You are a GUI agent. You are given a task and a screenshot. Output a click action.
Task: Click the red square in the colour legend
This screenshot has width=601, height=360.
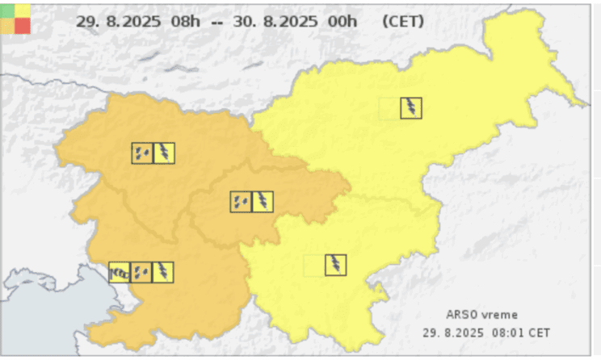23,25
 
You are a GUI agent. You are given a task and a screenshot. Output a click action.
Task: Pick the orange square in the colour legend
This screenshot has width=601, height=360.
7,25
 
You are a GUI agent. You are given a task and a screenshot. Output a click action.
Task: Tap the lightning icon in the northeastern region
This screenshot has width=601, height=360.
412,107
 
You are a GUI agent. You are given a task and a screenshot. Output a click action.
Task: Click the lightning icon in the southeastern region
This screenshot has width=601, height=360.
336,265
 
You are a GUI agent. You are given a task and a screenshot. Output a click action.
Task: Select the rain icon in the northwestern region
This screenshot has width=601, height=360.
142,153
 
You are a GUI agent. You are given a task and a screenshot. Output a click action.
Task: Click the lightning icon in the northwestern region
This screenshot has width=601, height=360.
164,153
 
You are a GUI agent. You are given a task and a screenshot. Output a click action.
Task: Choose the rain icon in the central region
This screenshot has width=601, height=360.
241,202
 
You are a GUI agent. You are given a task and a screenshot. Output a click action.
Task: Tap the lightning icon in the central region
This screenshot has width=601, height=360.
263,202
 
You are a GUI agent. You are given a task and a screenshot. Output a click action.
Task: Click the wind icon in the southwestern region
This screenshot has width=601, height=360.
120,273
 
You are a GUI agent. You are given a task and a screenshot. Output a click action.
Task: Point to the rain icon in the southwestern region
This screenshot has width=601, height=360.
141,273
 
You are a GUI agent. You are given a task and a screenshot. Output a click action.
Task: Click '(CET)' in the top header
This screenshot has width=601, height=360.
403,21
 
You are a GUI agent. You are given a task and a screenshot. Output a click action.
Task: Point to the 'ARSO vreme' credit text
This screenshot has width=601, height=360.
482,315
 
